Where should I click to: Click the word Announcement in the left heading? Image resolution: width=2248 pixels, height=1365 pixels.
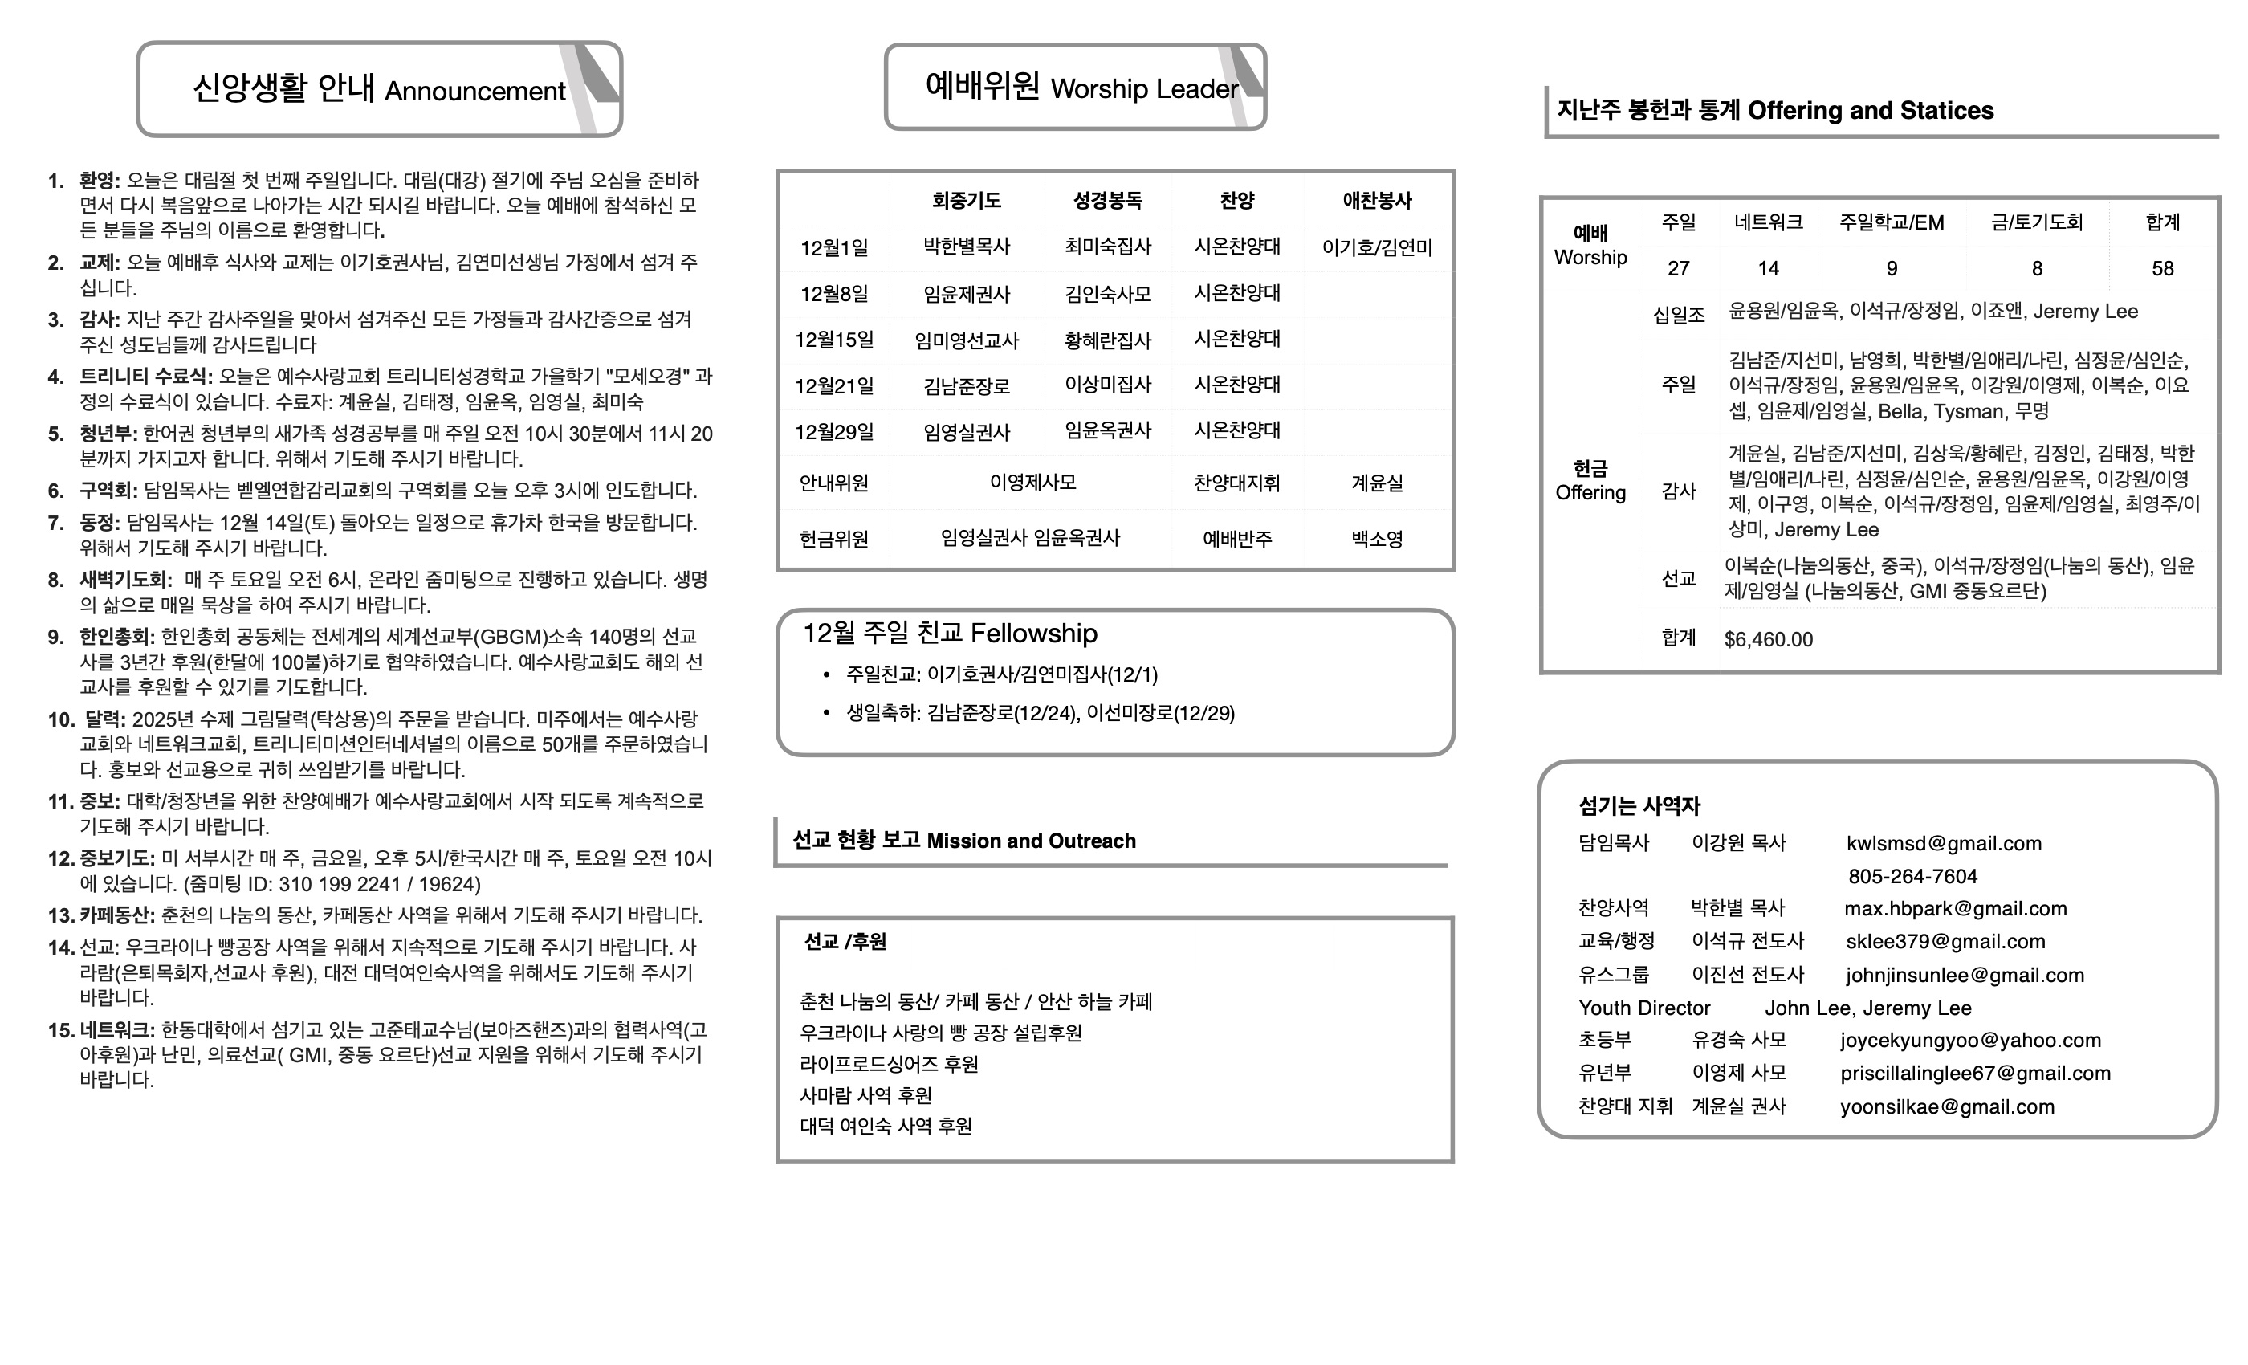(x=474, y=92)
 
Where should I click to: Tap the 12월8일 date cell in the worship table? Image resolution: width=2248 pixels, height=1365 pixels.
(x=834, y=295)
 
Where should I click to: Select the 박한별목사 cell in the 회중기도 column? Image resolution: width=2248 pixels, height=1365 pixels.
(x=966, y=247)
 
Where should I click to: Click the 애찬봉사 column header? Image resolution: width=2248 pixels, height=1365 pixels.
(x=1377, y=200)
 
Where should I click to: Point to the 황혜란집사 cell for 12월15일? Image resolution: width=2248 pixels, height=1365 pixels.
(x=1108, y=340)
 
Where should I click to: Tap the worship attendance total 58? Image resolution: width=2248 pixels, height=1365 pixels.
(x=2162, y=268)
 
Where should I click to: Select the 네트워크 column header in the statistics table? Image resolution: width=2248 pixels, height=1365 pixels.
(x=1768, y=222)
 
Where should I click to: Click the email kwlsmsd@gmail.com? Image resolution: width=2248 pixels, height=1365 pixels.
(x=1943, y=844)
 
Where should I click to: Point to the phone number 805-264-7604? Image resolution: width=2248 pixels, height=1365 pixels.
(x=1912, y=877)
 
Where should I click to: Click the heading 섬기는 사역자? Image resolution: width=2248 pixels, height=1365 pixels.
(x=1639, y=805)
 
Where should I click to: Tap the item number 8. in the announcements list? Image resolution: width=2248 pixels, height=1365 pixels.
(x=56, y=581)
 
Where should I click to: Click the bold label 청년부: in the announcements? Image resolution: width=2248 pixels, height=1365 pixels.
(x=108, y=434)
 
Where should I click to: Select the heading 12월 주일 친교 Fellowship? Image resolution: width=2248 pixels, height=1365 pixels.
(x=950, y=634)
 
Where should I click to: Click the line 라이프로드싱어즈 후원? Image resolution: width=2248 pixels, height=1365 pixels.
(x=889, y=1065)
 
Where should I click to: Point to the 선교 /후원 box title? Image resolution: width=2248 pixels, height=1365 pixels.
(x=845, y=942)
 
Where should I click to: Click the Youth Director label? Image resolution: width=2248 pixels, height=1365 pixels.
(x=1644, y=1008)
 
